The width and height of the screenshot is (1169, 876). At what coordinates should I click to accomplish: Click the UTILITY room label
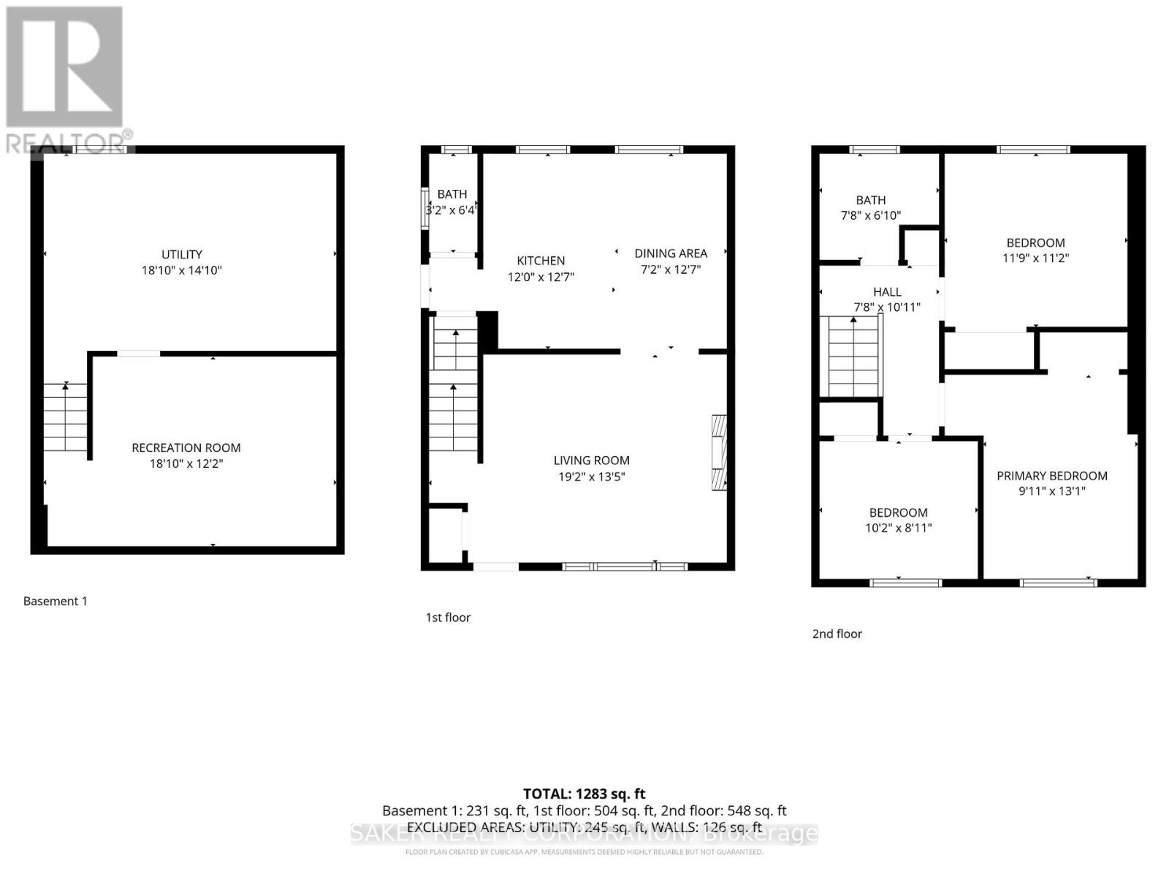181,254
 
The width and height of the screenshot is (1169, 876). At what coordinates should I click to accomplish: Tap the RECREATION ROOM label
186,447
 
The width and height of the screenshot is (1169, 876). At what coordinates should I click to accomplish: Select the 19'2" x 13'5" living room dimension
591,477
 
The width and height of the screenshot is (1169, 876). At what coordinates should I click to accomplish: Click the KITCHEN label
541,261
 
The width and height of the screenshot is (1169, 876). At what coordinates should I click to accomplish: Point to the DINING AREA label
670,253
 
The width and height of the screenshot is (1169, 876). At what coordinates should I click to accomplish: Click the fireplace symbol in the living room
720,453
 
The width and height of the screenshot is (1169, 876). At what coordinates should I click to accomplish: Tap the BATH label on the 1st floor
452,194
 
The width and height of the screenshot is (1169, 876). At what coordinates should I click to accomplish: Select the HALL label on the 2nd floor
886,292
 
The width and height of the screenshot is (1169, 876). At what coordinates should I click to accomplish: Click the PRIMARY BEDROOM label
1051,476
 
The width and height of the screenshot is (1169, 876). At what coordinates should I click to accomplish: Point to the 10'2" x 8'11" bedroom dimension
898,528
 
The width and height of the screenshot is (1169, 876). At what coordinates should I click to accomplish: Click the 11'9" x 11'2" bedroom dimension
1035,258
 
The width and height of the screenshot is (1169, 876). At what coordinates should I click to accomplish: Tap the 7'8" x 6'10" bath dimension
870,215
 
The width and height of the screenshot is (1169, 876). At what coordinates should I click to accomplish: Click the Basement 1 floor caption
55,602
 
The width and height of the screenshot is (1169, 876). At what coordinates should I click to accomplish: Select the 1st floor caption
448,618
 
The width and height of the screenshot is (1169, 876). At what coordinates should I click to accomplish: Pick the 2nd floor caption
837,634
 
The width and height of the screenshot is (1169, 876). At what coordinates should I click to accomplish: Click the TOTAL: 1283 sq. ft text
584,794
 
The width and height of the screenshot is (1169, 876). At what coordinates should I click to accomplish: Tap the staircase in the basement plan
66,418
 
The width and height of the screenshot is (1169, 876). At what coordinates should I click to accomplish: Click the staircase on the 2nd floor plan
852,356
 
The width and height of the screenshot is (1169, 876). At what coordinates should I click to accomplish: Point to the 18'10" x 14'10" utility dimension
181,270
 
